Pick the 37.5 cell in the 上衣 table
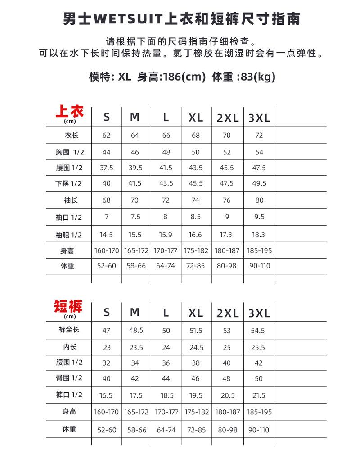(x=107, y=168)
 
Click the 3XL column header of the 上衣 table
(x=259, y=118)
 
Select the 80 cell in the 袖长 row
(x=259, y=200)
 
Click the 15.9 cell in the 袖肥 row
(x=166, y=235)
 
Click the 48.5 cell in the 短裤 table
(x=136, y=330)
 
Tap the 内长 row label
(x=70, y=347)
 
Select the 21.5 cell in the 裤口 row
(x=259, y=395)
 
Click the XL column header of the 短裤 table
(x=196, y=313)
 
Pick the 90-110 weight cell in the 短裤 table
(x=259, y=430)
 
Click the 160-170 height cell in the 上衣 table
(x=107, y=251)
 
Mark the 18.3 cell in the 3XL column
(x=259, y=235)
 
